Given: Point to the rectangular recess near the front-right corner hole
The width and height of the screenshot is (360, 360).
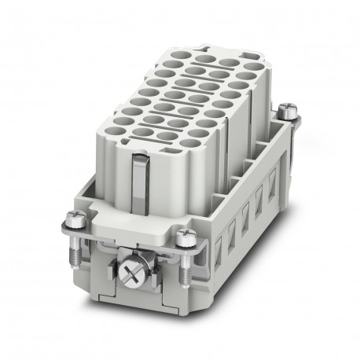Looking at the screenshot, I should click(206, 130).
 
